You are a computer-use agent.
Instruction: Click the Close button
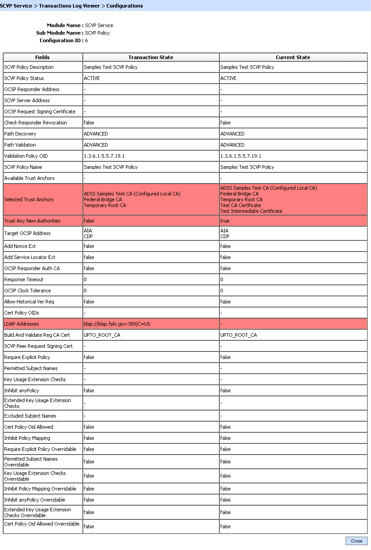tap(356, 541)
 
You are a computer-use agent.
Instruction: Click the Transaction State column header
tap(151, 57)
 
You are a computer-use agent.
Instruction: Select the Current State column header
tap(293, 57)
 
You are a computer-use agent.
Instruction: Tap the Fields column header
tap(43, 57)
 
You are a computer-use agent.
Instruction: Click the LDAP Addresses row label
tap(21, 324)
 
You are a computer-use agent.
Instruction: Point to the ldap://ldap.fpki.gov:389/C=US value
tap(117, 324)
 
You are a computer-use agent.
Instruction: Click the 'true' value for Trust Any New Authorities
tap(225, 221)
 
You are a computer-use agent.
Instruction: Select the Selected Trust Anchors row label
tap(29, 199)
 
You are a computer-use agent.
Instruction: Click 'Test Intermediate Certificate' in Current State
tap(251, 211)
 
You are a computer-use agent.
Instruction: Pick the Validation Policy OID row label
tap(26, 156)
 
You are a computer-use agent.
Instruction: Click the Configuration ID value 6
tap(86, 40)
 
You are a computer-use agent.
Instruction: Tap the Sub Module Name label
tap(59, 33)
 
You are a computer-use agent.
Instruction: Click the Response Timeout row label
tap(24, 279)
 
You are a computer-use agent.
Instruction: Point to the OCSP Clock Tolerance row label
tap(28, 291)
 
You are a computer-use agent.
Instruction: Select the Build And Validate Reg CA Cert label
tap(37, 335)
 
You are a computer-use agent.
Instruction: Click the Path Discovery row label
tap(20, 134)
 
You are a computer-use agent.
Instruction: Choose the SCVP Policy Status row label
tap(24, 78)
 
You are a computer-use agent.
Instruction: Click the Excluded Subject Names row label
tap(30, 416)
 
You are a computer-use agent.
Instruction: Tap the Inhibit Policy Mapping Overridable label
tap(40, 489)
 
